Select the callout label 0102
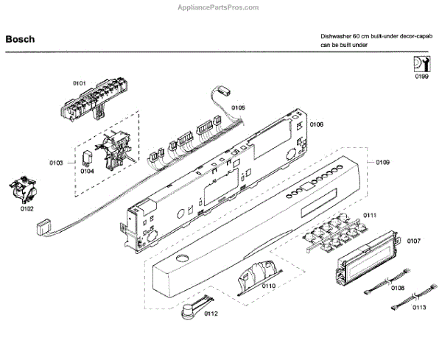[27, 208]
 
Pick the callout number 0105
[238, 108]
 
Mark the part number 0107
[413, 241]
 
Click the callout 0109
[383, 162]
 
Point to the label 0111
[369, 215]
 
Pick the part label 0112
[211, 314]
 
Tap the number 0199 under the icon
[421, 76]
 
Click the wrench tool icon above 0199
[421, 63]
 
